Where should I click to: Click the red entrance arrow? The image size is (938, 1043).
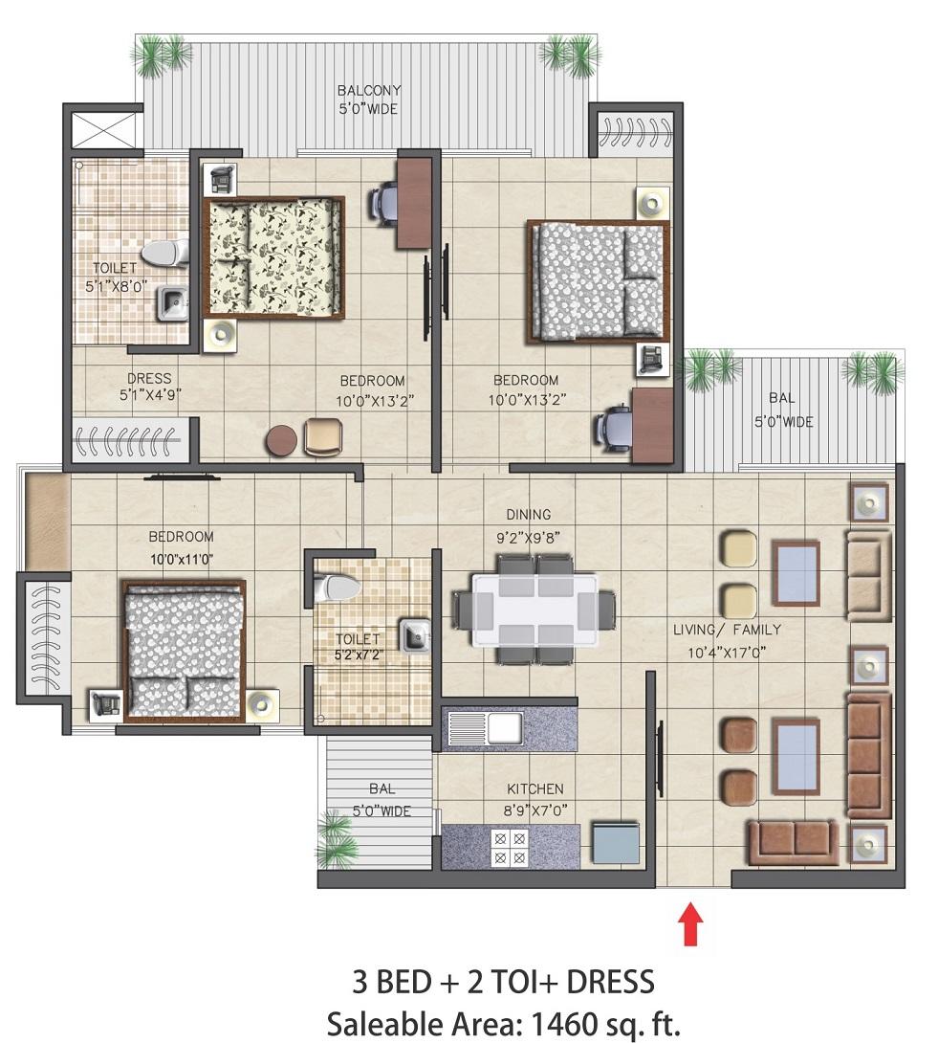[x=690, y=922]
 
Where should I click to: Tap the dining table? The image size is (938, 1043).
[x=535, y=610]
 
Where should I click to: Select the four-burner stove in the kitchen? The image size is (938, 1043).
[x=510, y=848]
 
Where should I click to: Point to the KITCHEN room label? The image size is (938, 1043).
[x=535, y=788]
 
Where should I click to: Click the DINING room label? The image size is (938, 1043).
[x=529, y=514]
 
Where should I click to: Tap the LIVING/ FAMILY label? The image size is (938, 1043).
[x=727, y=630]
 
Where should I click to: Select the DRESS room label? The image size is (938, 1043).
[x=149, y=378]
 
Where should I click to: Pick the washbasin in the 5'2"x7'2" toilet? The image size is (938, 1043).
[x=414, y=635]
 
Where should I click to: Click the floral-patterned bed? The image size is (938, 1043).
[x=273, y=257]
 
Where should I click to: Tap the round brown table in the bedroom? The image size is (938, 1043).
[x=281, y=441]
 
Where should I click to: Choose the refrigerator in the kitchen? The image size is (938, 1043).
[x=616, y=843]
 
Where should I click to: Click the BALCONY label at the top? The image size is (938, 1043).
[x=369, y=90]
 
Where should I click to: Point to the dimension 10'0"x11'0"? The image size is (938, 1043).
[x=181, y=560]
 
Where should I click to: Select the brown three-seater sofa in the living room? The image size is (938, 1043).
[x=867, y=756]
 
